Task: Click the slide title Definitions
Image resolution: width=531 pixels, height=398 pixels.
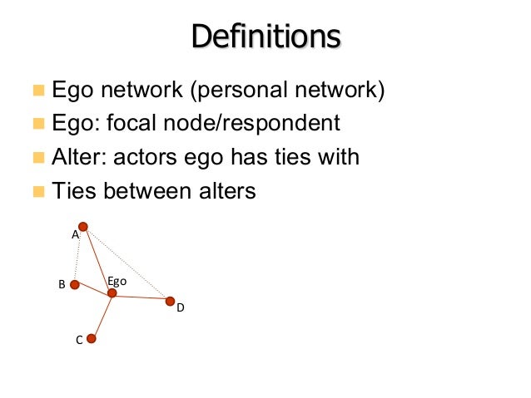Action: click(265, 37)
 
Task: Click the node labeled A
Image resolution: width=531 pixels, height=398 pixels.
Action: click(83, 226)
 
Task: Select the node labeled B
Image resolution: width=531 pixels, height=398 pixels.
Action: click(74, 284)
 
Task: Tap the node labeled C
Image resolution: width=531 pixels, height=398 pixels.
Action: click(92, 338)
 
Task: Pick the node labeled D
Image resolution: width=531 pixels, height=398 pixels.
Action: click(170, 301)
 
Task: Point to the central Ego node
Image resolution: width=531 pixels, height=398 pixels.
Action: click(112, 292)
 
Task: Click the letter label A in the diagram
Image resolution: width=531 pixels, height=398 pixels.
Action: click(75, 235)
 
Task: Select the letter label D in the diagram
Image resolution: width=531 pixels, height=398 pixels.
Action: click(180, 308)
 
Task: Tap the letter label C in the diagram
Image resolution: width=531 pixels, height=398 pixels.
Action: click(78, 340)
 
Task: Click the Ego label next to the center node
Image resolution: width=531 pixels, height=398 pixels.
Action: click(117, 282)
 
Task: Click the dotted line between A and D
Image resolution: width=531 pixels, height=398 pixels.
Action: click(127, 263)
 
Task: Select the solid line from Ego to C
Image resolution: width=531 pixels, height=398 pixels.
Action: click(102, 316)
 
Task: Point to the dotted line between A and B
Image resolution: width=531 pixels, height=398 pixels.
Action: click(79, 255)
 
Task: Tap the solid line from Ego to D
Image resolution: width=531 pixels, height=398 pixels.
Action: click(141, 297)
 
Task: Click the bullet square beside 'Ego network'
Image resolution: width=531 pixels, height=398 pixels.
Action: click(37, 90)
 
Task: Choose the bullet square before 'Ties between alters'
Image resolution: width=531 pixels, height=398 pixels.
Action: click(37, 192)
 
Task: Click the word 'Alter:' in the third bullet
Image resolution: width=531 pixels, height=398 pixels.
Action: click(78, 157)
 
